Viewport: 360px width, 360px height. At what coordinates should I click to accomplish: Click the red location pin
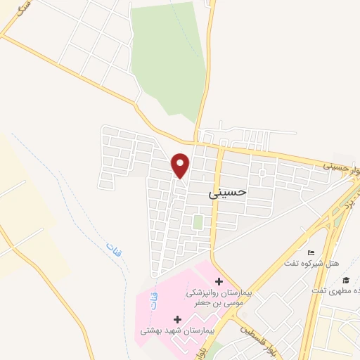[181, 165]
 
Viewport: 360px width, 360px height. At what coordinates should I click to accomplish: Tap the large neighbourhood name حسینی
[229, 191]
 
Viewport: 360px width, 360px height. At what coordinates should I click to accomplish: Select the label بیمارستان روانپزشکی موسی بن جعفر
[218, 296]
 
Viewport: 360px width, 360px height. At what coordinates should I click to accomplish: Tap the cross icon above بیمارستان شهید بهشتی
[177, 320]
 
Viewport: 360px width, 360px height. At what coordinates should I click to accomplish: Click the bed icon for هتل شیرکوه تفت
[311, 253]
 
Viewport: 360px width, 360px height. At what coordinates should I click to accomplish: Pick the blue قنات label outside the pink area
[112, 248]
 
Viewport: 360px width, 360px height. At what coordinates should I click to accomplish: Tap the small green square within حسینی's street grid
[198, 223]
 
